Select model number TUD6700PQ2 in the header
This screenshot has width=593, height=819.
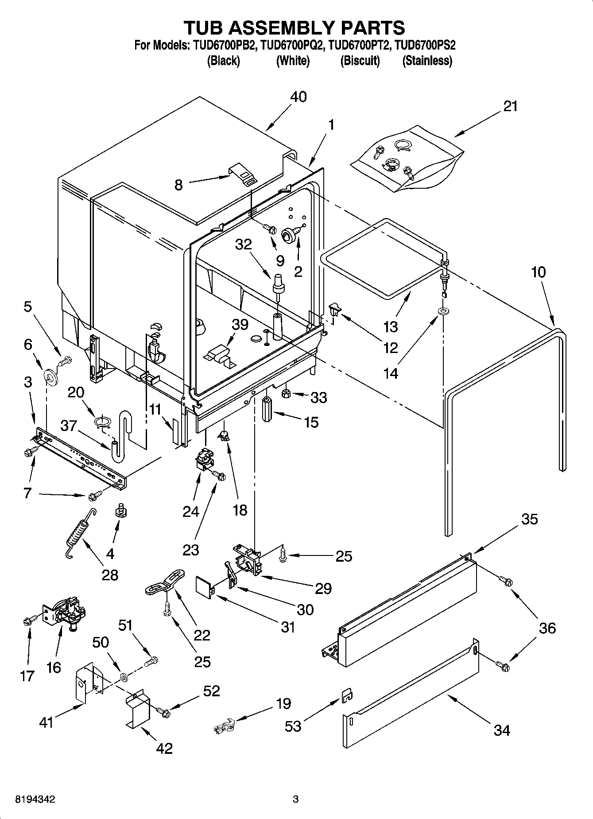pos(293,45)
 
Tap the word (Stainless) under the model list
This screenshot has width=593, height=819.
pos(427,61)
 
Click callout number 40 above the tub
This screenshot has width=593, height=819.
pos(298,97)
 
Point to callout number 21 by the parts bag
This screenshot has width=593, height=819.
pos(510,106)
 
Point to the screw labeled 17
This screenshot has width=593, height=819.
pos(27,622)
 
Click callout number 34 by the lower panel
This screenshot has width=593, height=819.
pos(501,730)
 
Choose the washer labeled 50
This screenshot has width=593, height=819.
pos(124,677)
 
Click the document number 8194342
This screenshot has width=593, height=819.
pos(35,800)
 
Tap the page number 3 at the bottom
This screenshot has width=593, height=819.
pos(296,800)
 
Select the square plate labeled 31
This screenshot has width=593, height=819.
pos(205,587)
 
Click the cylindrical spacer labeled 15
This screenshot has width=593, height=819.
pos(267,410)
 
